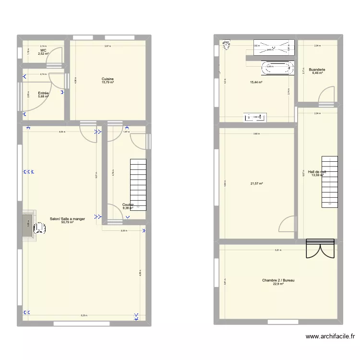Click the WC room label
click(43, 50)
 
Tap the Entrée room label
click(44, 93)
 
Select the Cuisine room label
click(108, 79)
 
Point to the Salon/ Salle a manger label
click(67, 219)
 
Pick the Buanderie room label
click(317, 70)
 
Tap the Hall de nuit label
click(317, 171)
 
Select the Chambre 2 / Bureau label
click(278, 280)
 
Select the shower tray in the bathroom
click(273, 47)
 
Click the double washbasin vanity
click(256, 117)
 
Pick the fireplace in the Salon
click(28, 224)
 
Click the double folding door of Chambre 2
click(319, 249)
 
